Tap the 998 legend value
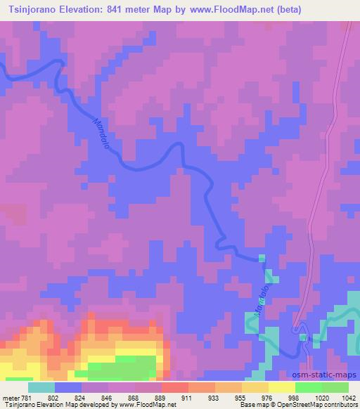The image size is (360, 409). click(x=294, y=397)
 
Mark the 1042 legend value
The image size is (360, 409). click(x=347, y=397)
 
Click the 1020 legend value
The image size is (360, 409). click(x=321, y=397)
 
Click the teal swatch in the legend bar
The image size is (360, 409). click(x=41, y=387)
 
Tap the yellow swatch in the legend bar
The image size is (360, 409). click(x=281, y=387)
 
